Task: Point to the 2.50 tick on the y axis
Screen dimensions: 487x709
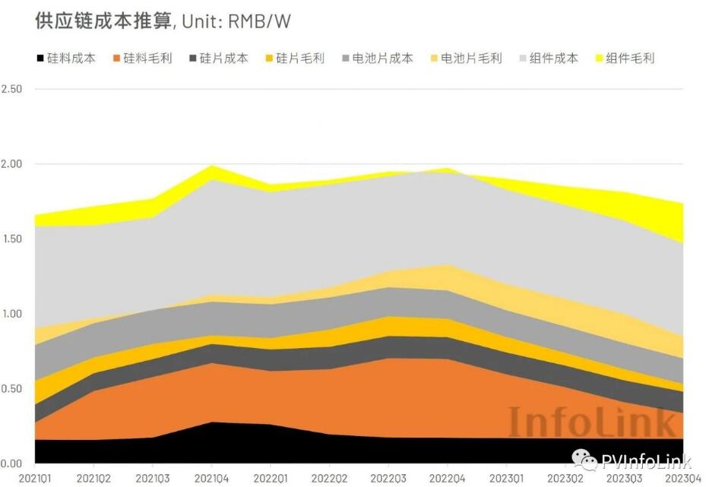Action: pos(13,89)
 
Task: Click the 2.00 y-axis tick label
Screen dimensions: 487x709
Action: pos(13,164)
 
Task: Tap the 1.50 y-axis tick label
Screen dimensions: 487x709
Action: pos(13,239)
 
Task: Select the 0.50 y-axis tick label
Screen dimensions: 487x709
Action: pos(13,388)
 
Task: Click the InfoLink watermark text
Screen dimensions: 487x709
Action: pos(591,422)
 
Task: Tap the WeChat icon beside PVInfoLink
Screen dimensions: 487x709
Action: pos(584,460)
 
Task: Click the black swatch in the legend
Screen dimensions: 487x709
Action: pos(40,58)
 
